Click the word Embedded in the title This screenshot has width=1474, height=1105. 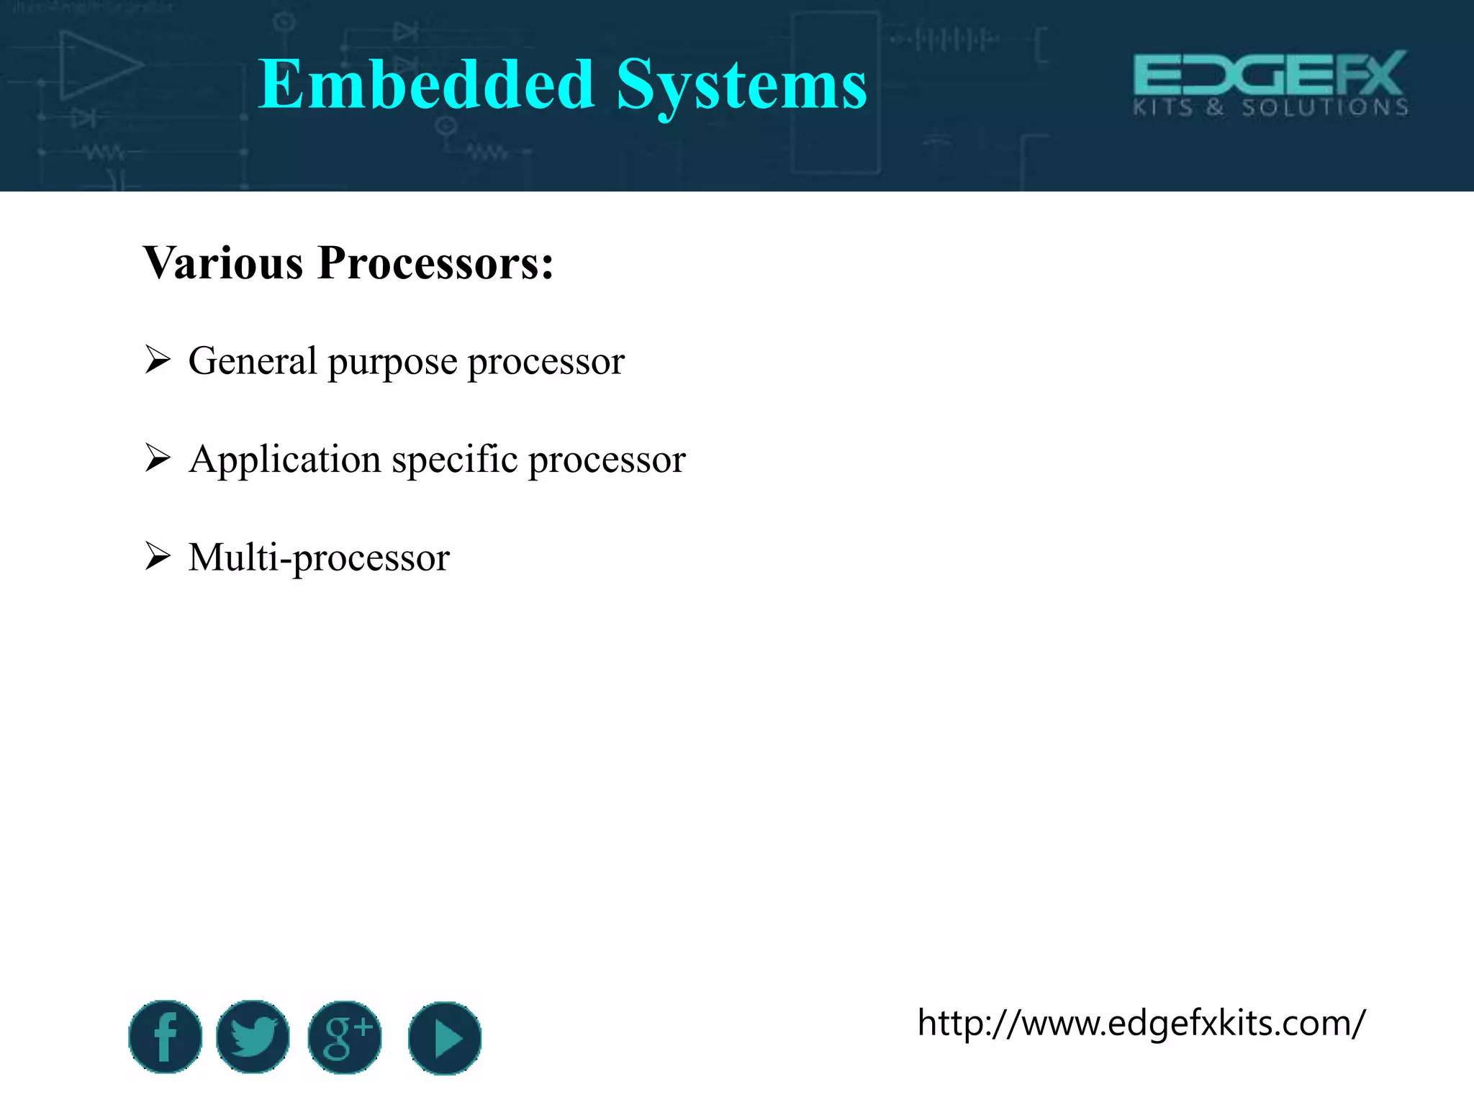(426, 85)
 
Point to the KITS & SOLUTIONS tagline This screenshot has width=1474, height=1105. (1271, 108)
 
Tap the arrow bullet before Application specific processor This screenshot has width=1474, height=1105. (157, 458)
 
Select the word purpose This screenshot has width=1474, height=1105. (392, 362)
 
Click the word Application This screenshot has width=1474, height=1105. (284, 460)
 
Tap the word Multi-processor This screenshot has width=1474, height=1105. (319, 558)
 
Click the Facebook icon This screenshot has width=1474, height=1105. (166, 1037)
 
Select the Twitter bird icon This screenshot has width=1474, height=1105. (253, 1037)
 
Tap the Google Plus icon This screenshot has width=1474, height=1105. (345, 1037)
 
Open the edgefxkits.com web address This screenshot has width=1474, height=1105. (1141, 1022)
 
